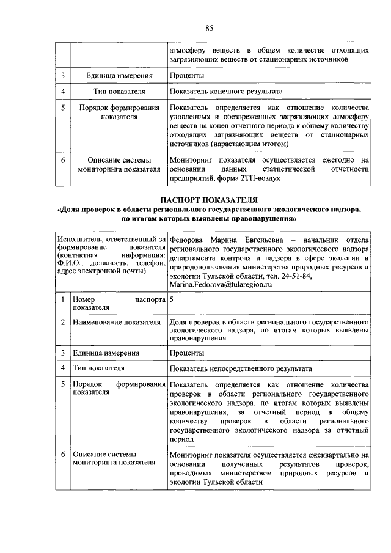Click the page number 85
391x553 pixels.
click(208, 27)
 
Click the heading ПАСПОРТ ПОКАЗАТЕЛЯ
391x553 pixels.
click(208, 199)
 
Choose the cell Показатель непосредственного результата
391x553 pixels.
click(241, 368)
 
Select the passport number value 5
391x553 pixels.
click(172, 300)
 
